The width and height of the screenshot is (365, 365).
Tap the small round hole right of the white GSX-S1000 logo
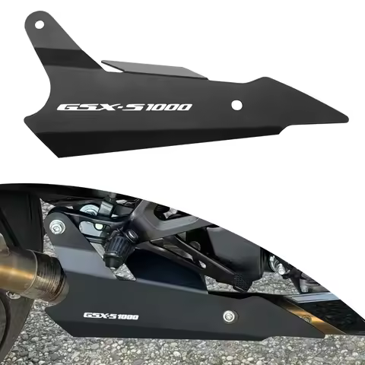point(237,105)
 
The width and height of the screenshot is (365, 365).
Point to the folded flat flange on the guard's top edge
point(152,70)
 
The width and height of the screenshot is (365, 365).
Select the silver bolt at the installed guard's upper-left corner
point(56,227)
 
